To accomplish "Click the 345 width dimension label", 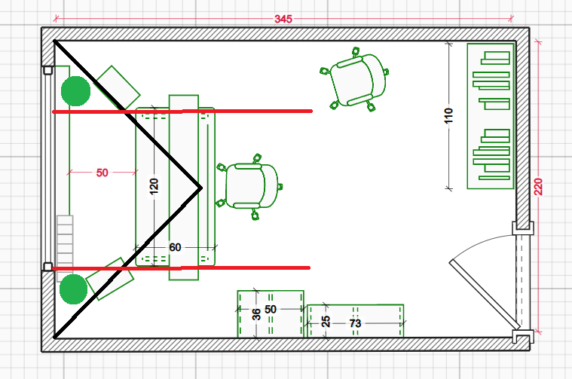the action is [283, 19].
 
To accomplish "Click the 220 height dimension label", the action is [539, 186].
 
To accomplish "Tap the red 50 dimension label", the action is [102, 173].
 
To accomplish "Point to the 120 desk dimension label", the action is [154, 186].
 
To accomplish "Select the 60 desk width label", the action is [175, 247].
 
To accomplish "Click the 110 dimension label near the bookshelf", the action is [448, 115].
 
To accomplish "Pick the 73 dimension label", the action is [355, 323].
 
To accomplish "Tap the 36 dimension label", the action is [256, 314].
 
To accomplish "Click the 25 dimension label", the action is [326, 322].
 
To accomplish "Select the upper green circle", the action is [75, 91].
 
